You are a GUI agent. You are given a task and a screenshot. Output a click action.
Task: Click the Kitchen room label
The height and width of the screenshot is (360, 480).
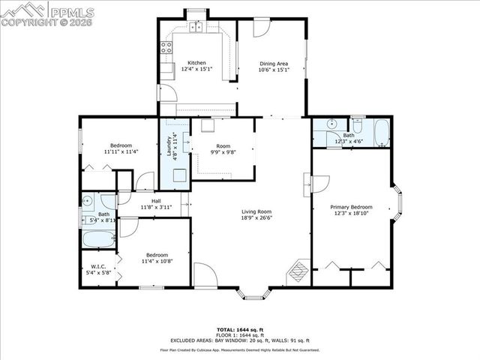coord(196,63)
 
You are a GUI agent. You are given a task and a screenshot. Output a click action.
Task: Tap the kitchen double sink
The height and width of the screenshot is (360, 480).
coord(196,28)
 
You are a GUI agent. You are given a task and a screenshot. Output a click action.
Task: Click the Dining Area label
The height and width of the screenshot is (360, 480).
coord(271,64)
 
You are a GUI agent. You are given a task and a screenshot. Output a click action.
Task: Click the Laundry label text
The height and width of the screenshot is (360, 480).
coord(169,144)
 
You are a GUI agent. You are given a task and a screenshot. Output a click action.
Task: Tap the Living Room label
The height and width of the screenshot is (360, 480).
coord(256,212)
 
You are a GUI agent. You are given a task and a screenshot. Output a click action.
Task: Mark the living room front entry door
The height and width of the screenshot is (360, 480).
coord(205,274)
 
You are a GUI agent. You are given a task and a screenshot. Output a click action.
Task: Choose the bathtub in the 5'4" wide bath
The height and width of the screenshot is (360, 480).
coord(98,240)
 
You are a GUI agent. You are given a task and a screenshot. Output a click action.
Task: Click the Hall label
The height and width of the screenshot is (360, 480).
coord(156,201)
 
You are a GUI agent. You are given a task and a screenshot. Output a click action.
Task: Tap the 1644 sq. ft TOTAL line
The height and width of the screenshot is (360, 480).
coord(239,329)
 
